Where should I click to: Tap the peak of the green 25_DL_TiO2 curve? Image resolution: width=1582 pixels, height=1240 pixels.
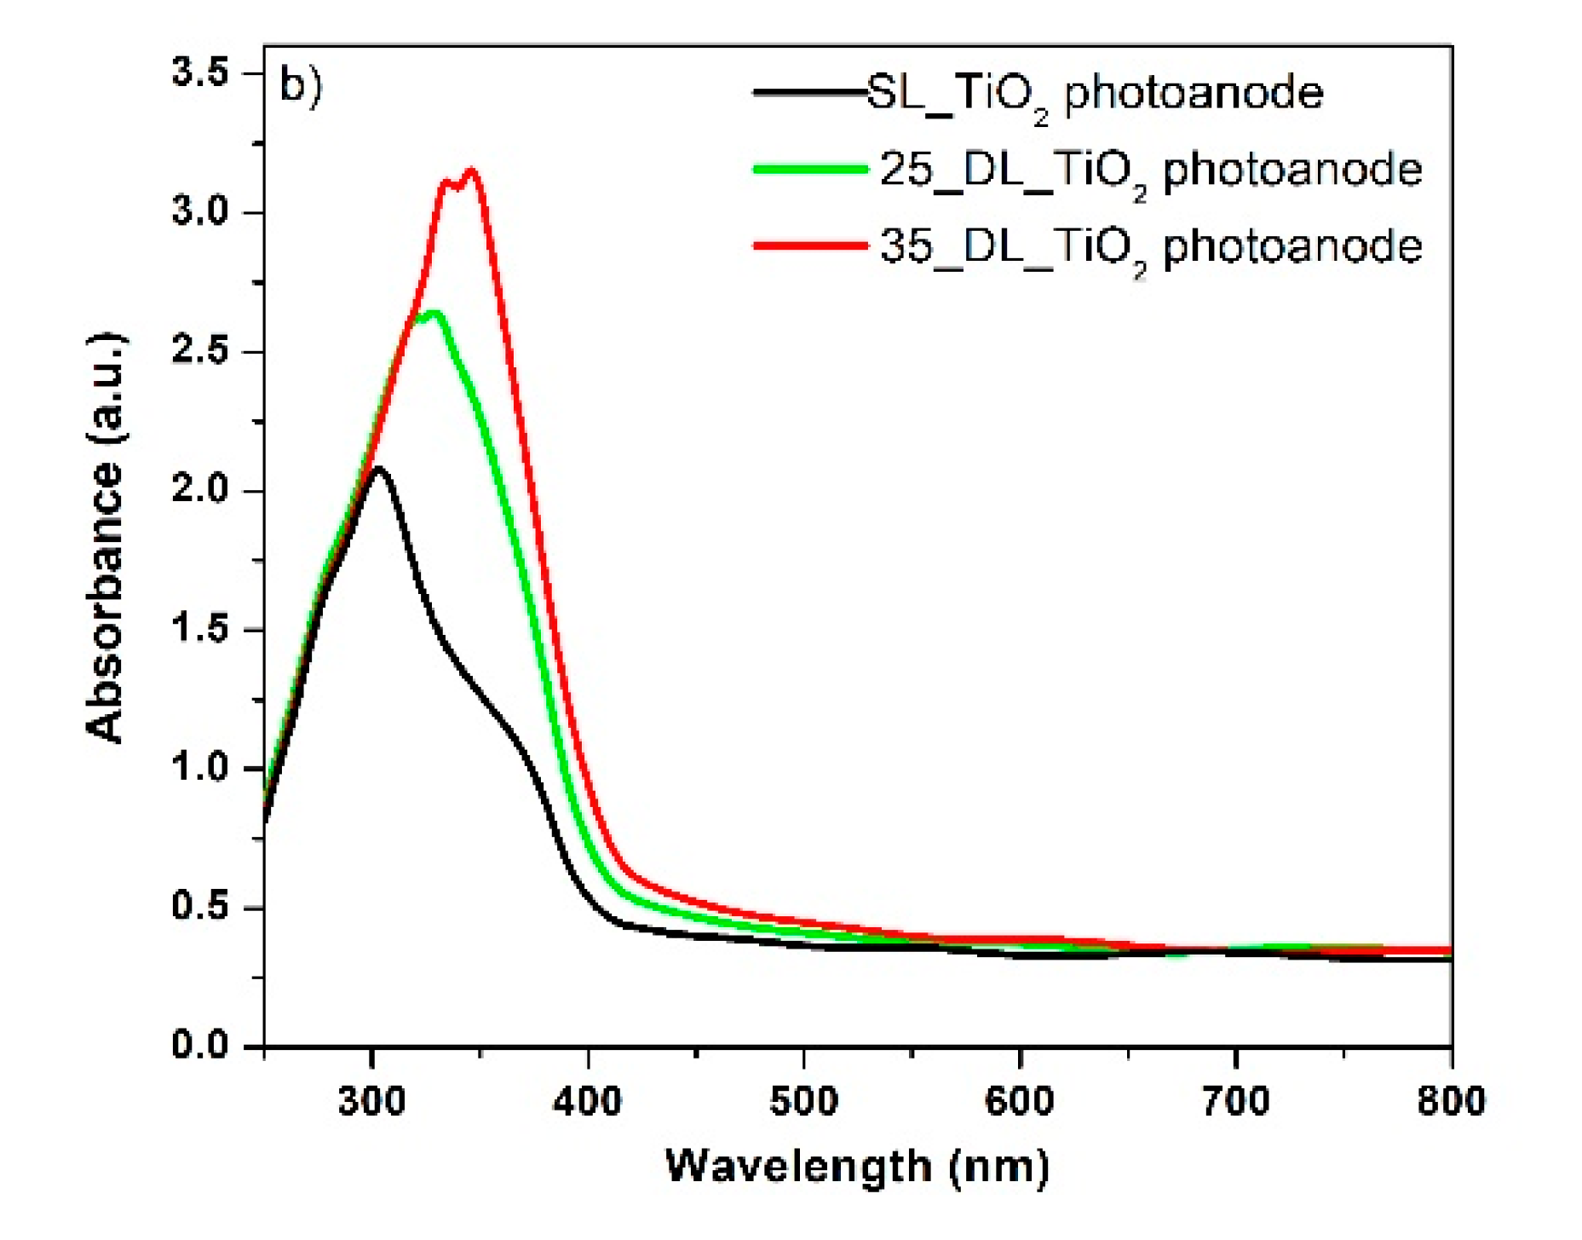(x=434, y=314)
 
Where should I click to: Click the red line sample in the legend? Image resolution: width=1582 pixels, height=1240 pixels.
(x=810, y=246)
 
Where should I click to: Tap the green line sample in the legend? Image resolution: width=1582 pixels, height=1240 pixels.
(x=810, y=170)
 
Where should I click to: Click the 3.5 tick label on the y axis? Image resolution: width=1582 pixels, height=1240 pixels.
(x=201, y=73)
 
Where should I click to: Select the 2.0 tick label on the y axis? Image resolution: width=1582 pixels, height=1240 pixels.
(x=201, y=491)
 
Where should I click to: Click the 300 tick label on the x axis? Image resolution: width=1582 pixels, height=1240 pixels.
(x=371, y=1101)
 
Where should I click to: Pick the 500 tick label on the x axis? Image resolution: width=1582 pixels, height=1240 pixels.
(x=803, y=1101)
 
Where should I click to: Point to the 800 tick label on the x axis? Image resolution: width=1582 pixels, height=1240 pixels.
(x=1451, y=1101)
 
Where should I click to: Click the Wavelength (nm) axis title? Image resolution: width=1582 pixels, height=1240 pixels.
(x=857, y=1167)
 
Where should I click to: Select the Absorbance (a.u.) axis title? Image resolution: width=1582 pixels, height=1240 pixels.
(x=106, y=538)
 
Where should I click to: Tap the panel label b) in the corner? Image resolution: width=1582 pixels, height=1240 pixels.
(x=301, y=86)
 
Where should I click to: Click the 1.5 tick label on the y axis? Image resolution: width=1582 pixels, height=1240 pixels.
(x=201, y=630)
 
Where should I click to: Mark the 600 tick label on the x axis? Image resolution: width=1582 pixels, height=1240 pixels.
(x=1020, y=1101)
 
